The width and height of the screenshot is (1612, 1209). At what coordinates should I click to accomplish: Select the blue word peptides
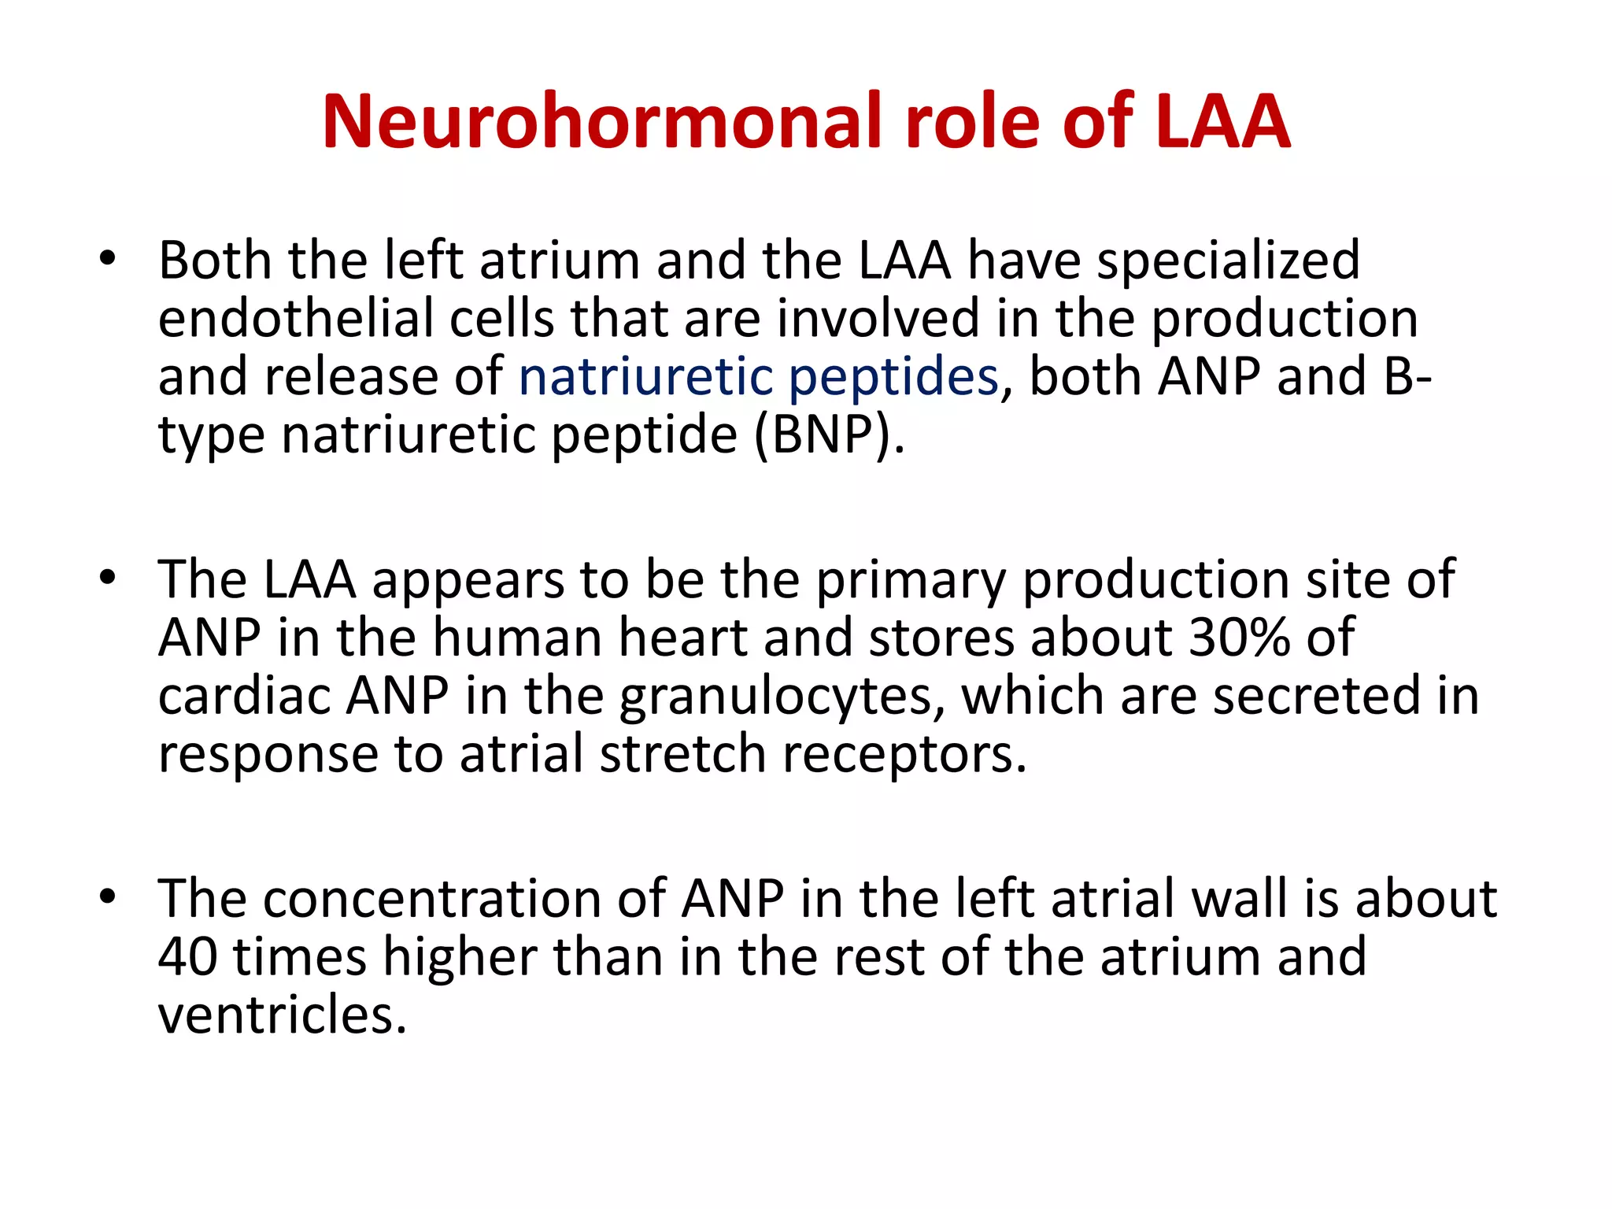[893, 376]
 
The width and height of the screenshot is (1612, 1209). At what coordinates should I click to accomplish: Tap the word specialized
[1228, 260]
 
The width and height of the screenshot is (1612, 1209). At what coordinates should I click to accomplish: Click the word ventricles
[282, 1015]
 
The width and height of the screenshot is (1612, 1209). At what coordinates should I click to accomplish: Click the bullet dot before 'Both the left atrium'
[108, 259]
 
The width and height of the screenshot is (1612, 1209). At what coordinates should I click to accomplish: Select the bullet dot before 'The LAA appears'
[108, 578]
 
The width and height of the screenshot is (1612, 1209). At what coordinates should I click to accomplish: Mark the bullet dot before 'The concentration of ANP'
[108, 897]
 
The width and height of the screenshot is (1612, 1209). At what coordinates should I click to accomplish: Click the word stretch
[682, 754]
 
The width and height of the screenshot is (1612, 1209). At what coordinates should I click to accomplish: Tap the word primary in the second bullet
[911, 581]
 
